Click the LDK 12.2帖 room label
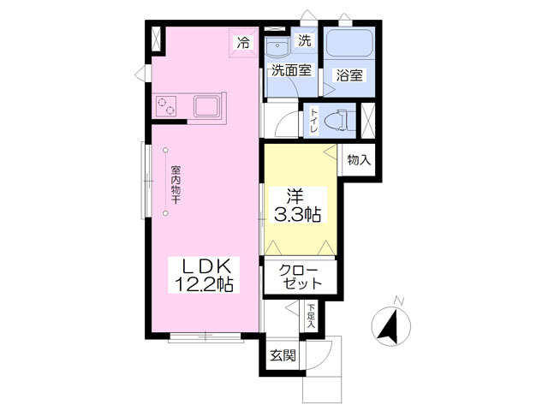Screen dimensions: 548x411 click(204, 275)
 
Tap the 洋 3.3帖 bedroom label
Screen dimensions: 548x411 click(296, 205)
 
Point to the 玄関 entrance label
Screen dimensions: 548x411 click(283, 356)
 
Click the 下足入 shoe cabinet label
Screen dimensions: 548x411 click(311, 316)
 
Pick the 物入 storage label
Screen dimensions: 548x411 click(359, 160)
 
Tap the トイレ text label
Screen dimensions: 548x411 click(314, 121)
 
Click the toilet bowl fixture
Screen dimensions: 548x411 click(338, 121)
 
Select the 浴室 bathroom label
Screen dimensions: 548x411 click(349, 75)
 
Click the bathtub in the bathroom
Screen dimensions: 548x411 click(349, 43)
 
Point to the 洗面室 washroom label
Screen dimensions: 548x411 click(291, 71)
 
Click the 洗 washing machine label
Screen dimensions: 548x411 click(305, 41)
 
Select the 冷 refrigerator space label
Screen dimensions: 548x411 click(243, 43)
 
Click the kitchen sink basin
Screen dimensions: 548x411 click(206, 106)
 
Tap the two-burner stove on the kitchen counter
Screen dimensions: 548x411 click(166, 106)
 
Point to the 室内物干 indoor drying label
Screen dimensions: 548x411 click(176, 185)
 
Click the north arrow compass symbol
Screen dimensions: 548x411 click(390, 326)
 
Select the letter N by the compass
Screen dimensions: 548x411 click(399, 301)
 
